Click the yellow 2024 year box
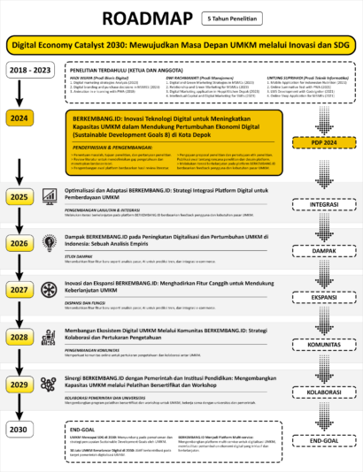click(x=20, y=117)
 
